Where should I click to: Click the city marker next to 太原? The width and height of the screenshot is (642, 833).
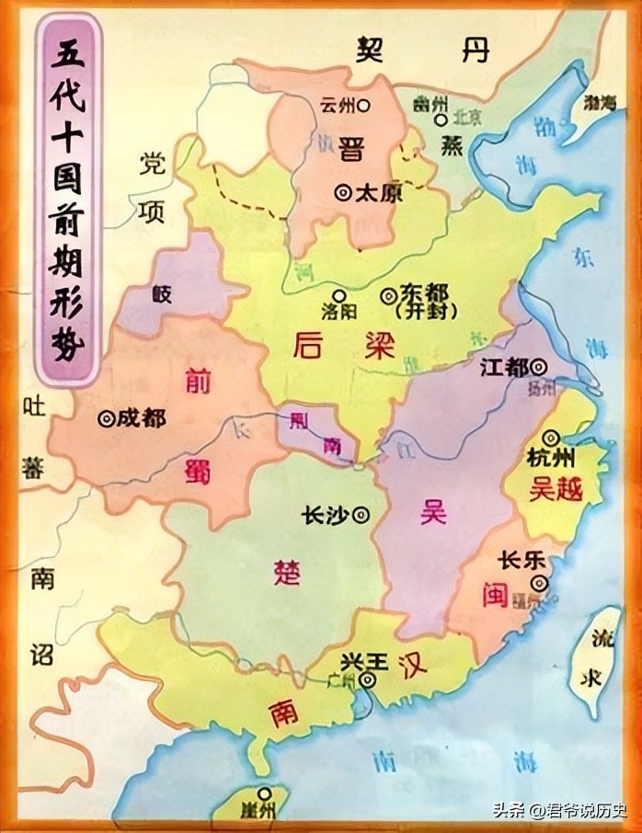tap(343, 193)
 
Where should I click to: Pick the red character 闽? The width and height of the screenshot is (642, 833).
tap(494, 595)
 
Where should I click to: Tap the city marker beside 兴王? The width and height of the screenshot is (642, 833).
tap(368, 680)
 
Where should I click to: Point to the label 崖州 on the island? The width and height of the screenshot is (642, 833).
tap(264, 809)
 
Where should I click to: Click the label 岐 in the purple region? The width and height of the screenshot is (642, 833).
tap(163, 294)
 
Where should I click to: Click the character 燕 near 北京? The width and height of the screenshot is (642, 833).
tap(453, 148)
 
